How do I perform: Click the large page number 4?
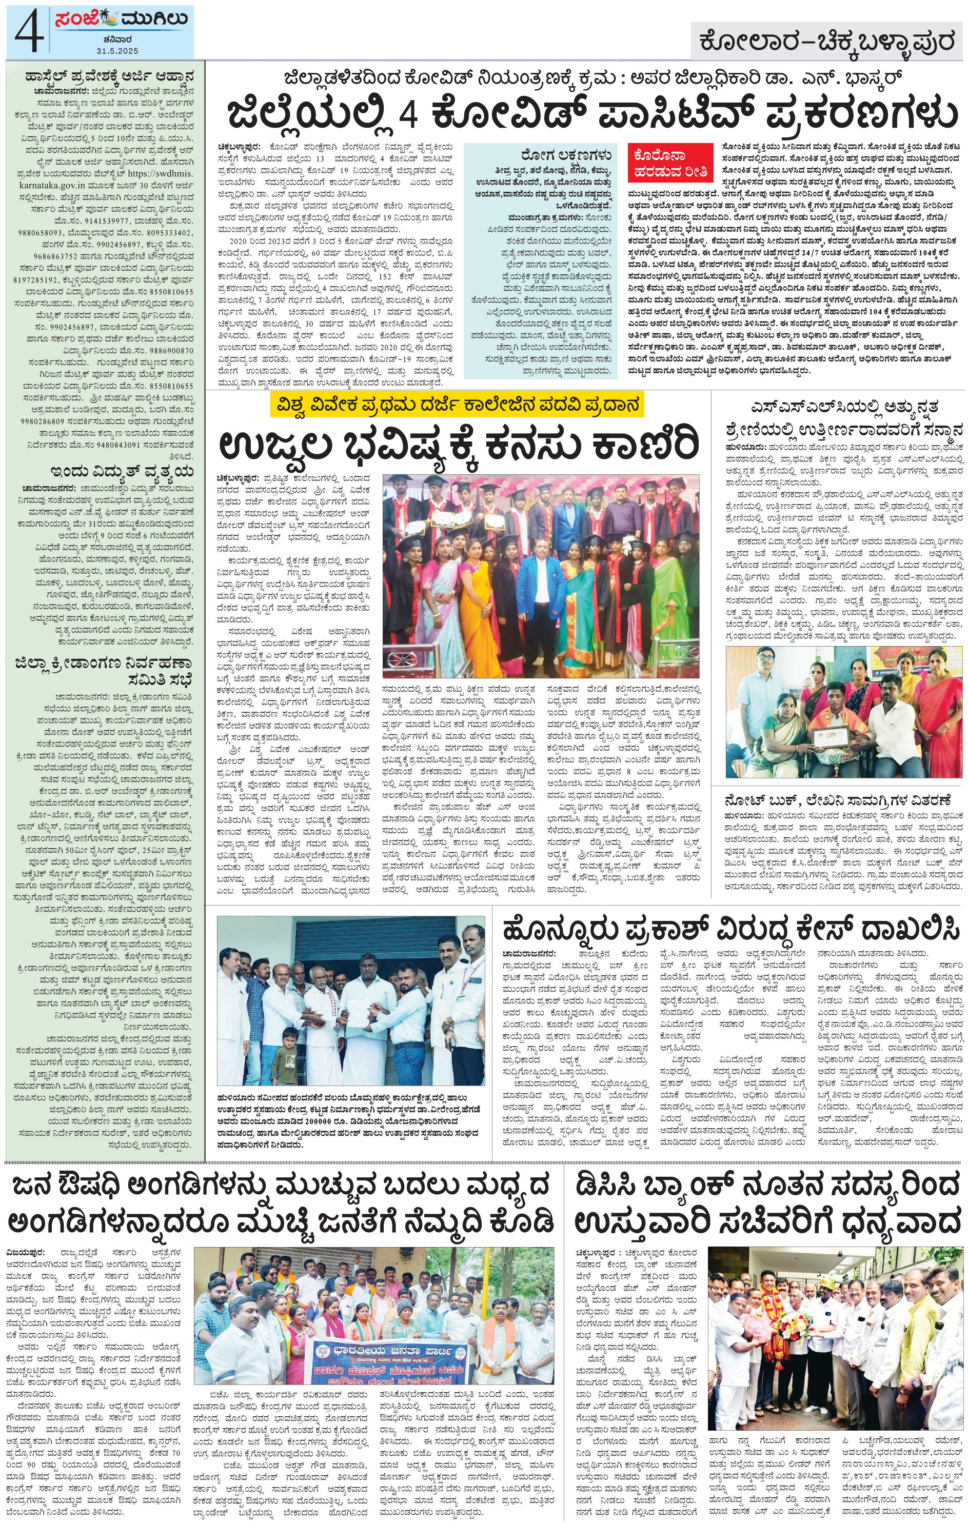29,33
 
